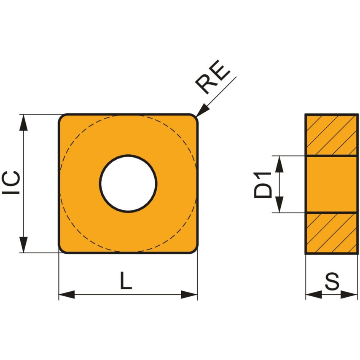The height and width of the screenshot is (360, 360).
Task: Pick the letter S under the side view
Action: (x=332, y=282)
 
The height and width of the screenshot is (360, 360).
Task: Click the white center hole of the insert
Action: (x=128, y=183)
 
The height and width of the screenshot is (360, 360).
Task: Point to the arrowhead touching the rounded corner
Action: (x=202, y=110)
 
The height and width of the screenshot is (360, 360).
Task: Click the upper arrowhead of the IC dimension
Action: (x=24, y=122)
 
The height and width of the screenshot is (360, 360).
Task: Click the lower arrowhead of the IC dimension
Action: (x=24, y=245)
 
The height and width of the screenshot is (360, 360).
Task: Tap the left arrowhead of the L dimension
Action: (x=66, y=294)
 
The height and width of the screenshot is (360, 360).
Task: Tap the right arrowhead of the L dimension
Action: (x=189, y=294)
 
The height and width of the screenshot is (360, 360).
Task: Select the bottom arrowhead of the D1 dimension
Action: (x=279, y=205)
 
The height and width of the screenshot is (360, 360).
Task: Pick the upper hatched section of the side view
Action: (x=331, y=134)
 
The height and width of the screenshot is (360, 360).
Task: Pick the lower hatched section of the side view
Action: (x=331, y=233)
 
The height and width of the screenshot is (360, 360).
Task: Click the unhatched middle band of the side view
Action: (x=331, y=184)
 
